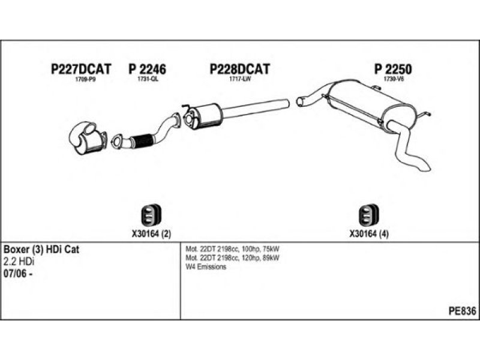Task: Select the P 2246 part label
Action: (x=147, y=70)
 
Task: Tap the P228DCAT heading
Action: (x=239, y=70)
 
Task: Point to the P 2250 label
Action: (x=393, y=70)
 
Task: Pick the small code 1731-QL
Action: (x=147, y=80)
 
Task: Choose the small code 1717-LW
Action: (x=239, y=80)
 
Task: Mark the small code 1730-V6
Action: (x=394, y=80)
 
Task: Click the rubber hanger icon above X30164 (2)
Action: (x=147, y=214)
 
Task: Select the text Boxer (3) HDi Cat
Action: (x=42, y=249)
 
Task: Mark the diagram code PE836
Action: (x=461, y=311)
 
